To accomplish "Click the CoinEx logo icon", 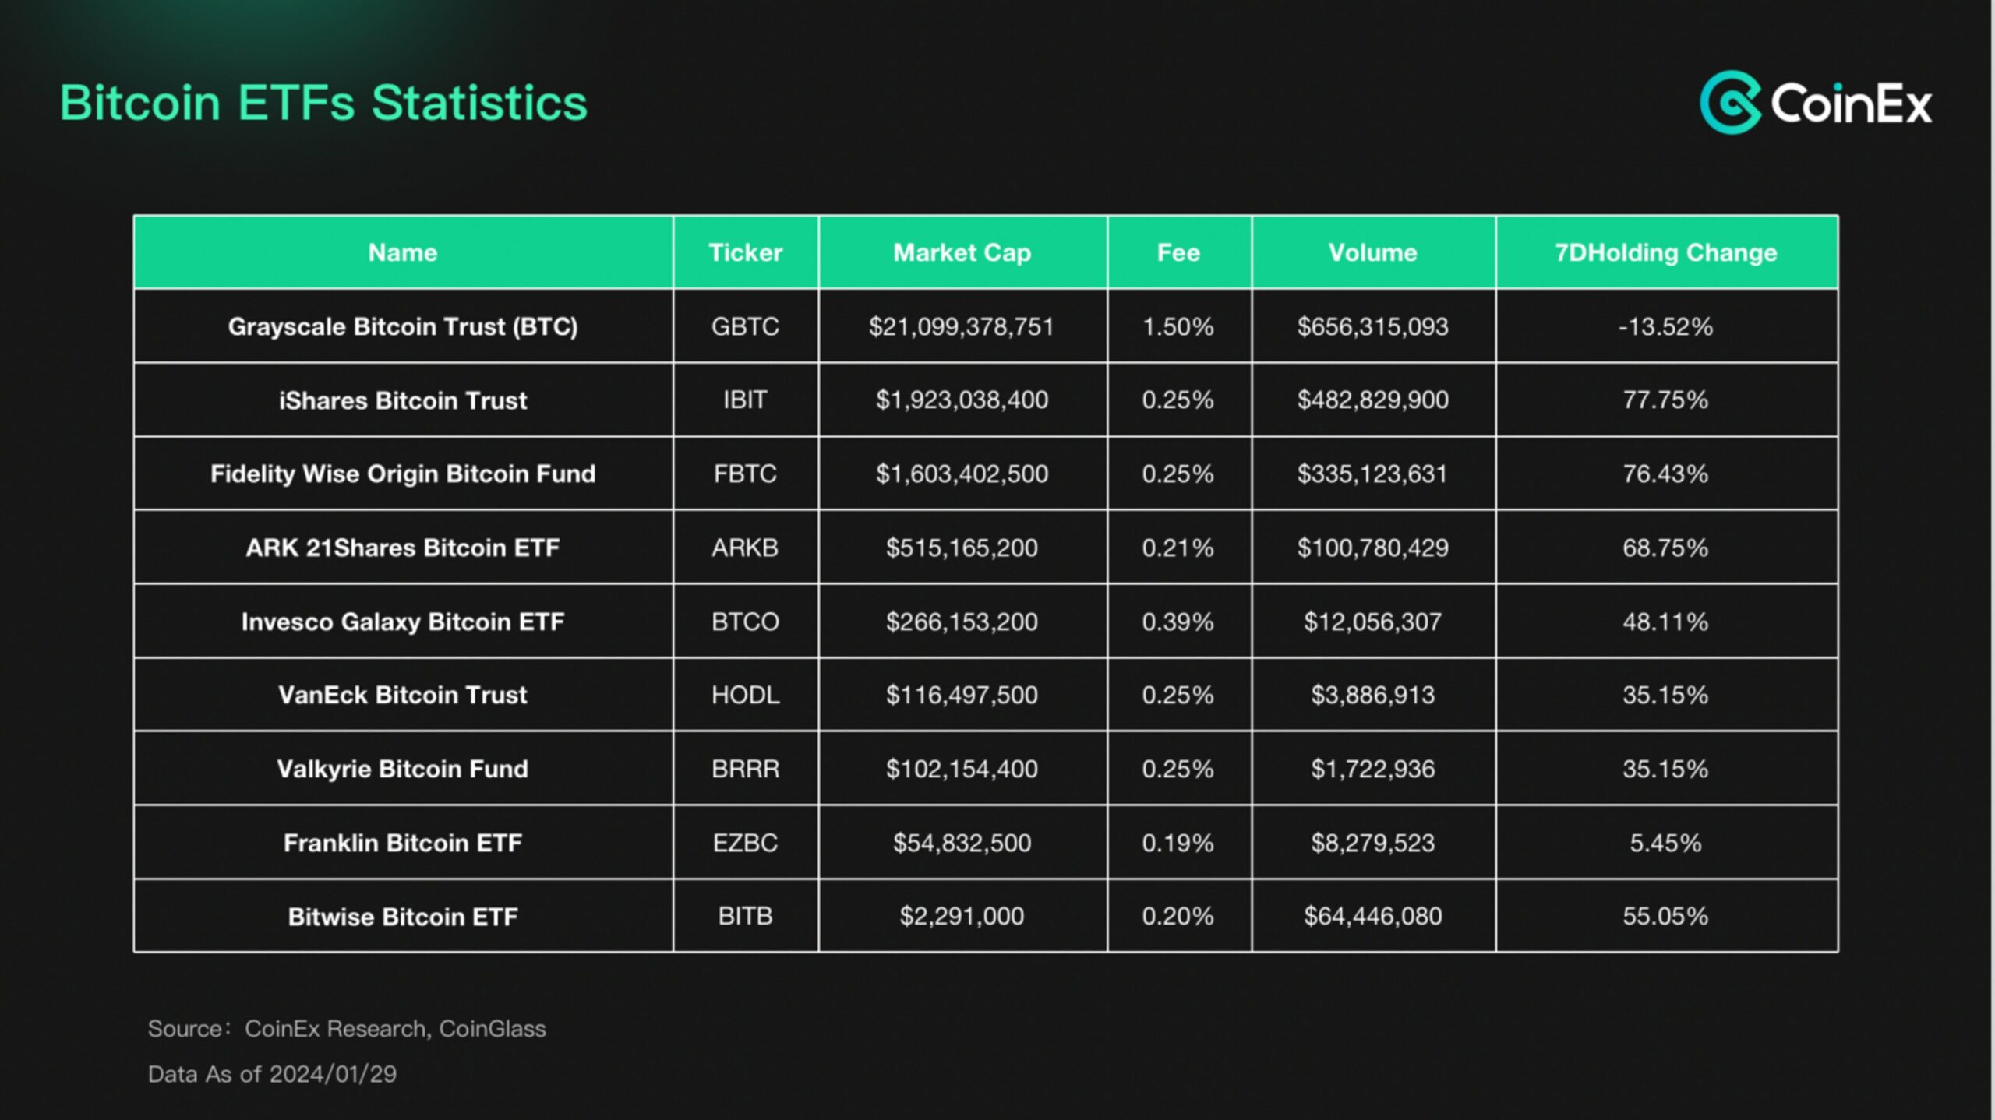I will coord(1730,103).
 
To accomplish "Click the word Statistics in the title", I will coord(478,103).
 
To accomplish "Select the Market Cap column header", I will coord(962,252).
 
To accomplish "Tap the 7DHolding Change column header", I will coord(1665,252).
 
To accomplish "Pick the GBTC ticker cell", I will coord(745,326).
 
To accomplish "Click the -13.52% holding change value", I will coord(1665,326).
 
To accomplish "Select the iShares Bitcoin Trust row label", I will coord(403,400).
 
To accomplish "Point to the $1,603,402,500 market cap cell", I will coord(962,474).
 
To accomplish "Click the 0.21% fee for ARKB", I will coord(1178,548).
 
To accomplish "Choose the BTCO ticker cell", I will coord(745,622).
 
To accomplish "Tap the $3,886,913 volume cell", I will coord(1372,695).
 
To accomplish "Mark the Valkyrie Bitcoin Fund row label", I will coord(403,769).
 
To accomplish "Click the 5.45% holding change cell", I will coord(1665,843).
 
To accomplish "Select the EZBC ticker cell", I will coord(745,843).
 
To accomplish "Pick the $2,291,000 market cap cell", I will coord(962,916).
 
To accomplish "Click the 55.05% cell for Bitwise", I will coord(1665,916).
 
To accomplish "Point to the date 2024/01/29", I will coord(333,1074).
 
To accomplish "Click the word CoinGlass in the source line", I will coord(492,1029).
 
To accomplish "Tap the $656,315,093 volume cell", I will coord(1372,326).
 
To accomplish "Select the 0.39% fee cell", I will coord(1178,622).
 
